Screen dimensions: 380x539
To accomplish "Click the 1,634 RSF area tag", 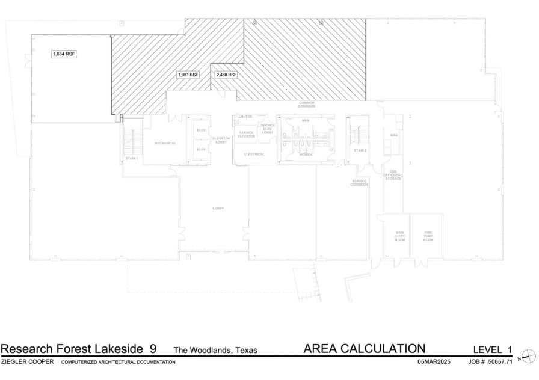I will (64, 54).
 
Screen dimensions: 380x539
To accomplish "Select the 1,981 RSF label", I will (188, 75).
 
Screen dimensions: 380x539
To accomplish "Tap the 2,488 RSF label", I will (226, 75).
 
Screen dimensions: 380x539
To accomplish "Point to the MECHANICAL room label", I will (165, 143).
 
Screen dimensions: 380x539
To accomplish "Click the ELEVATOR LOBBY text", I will (221, 140).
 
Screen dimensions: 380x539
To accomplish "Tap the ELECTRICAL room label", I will (254, 154).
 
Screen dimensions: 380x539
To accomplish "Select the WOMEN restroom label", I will (306, 155).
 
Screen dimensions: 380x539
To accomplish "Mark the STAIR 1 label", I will (132, 158).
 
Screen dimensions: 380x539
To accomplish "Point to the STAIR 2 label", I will (360, 150).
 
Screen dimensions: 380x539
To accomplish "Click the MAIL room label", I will (394, 136).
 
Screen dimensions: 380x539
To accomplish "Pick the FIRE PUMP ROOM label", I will (428, 236).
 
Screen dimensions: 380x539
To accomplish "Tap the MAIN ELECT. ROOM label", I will (399, 236).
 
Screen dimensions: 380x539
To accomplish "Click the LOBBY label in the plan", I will (218, 208).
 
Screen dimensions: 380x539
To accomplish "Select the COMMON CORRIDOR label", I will (307, 104).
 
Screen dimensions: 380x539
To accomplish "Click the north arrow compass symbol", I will (525, 356).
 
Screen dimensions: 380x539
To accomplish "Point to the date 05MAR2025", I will (434, 362).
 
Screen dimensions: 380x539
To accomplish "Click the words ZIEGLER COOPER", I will (28, 362).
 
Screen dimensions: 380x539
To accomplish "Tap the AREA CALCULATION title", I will (365, 349).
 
